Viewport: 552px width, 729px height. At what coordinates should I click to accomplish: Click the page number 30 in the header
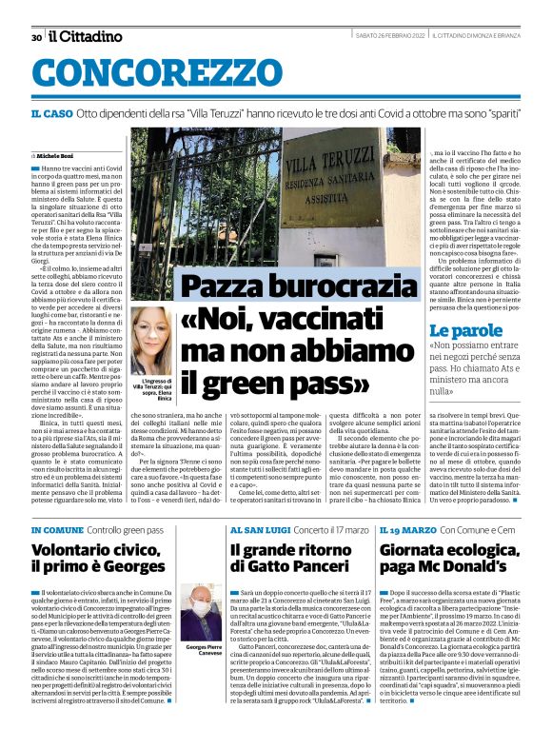coord(36,37)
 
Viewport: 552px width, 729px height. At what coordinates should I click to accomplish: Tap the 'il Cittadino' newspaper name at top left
coord(85,36)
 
